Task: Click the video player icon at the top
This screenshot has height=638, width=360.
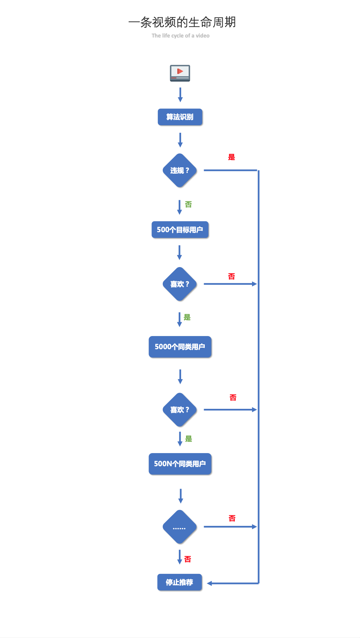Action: point(180,73)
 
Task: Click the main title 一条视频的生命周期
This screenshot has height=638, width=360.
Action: point(182,22)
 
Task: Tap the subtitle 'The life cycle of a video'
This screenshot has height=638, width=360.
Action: point(180,36)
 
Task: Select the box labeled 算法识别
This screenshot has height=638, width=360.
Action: point(180,117)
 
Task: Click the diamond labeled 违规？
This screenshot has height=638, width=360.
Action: point(180,170)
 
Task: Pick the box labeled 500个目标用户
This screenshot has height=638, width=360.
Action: point(180,230)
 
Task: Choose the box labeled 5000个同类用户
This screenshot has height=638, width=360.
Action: point(180,347)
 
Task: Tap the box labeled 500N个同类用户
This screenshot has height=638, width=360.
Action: point(180,464)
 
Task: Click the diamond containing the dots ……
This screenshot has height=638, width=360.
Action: point(180,527)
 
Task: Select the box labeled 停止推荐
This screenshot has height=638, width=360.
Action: point(180,582)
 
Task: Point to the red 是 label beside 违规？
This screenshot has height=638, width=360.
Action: point(231,157)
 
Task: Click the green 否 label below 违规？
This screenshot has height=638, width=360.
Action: point(188,204)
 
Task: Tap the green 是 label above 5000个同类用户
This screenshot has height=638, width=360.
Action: point(187,317)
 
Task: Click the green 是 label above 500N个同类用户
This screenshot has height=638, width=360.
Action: point(189,438)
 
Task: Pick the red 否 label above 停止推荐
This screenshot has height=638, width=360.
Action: point(187,559)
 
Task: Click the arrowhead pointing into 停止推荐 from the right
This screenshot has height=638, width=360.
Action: point(209,583)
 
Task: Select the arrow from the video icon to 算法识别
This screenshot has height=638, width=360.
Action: point(180,95)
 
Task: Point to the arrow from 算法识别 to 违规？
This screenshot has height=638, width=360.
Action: point(180,140)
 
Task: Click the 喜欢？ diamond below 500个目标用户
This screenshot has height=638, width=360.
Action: point(180,284)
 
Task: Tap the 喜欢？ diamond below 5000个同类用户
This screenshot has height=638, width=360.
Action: point(180,410)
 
